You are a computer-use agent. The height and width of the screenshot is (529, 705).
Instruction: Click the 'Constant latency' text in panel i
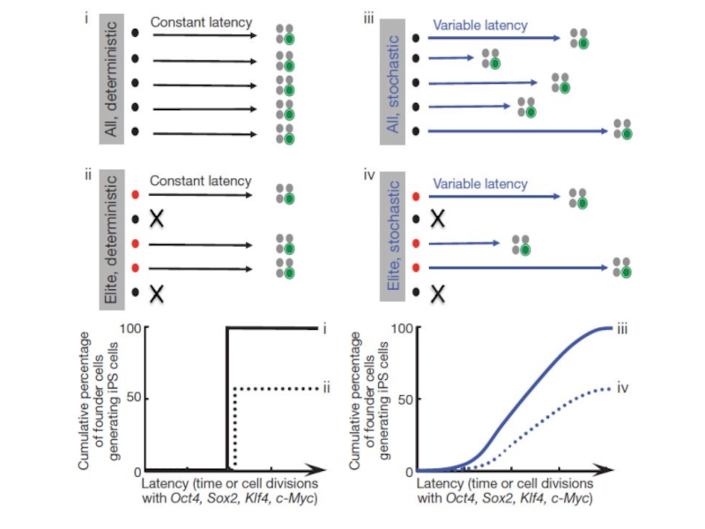(201, 22)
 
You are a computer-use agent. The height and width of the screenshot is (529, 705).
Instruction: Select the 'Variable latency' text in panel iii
(480, 26)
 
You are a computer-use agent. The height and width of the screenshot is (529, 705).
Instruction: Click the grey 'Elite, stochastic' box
(392, 236)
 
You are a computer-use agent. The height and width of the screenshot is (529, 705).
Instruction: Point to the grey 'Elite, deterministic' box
(112, 240)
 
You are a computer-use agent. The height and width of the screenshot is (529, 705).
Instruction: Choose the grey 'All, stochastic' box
(392, 82)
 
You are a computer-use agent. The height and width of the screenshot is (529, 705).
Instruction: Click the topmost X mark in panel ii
(157, 219)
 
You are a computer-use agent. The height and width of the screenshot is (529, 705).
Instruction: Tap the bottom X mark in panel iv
(437, 294)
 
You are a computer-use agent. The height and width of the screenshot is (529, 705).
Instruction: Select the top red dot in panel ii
(135, 195)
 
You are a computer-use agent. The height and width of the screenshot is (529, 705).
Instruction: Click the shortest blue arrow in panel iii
(451, 57)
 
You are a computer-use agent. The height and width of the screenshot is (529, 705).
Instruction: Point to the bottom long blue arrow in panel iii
(518, 130)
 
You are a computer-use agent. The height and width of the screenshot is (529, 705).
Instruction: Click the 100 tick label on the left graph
(130, 328)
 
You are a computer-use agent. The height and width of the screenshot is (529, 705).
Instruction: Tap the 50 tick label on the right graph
(405, 399)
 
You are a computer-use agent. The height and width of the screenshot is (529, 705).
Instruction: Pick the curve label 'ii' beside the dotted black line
(326, 387)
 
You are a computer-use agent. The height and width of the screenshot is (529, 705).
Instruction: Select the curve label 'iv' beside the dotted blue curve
(622, 388)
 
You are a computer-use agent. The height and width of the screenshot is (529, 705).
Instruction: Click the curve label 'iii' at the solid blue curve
(622, 329)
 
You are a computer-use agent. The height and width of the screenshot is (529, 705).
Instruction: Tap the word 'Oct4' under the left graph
(185, 498)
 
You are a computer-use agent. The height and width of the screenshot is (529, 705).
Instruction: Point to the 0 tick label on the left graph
(137, 473)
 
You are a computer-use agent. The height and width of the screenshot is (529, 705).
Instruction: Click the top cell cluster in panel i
(285, 34)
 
